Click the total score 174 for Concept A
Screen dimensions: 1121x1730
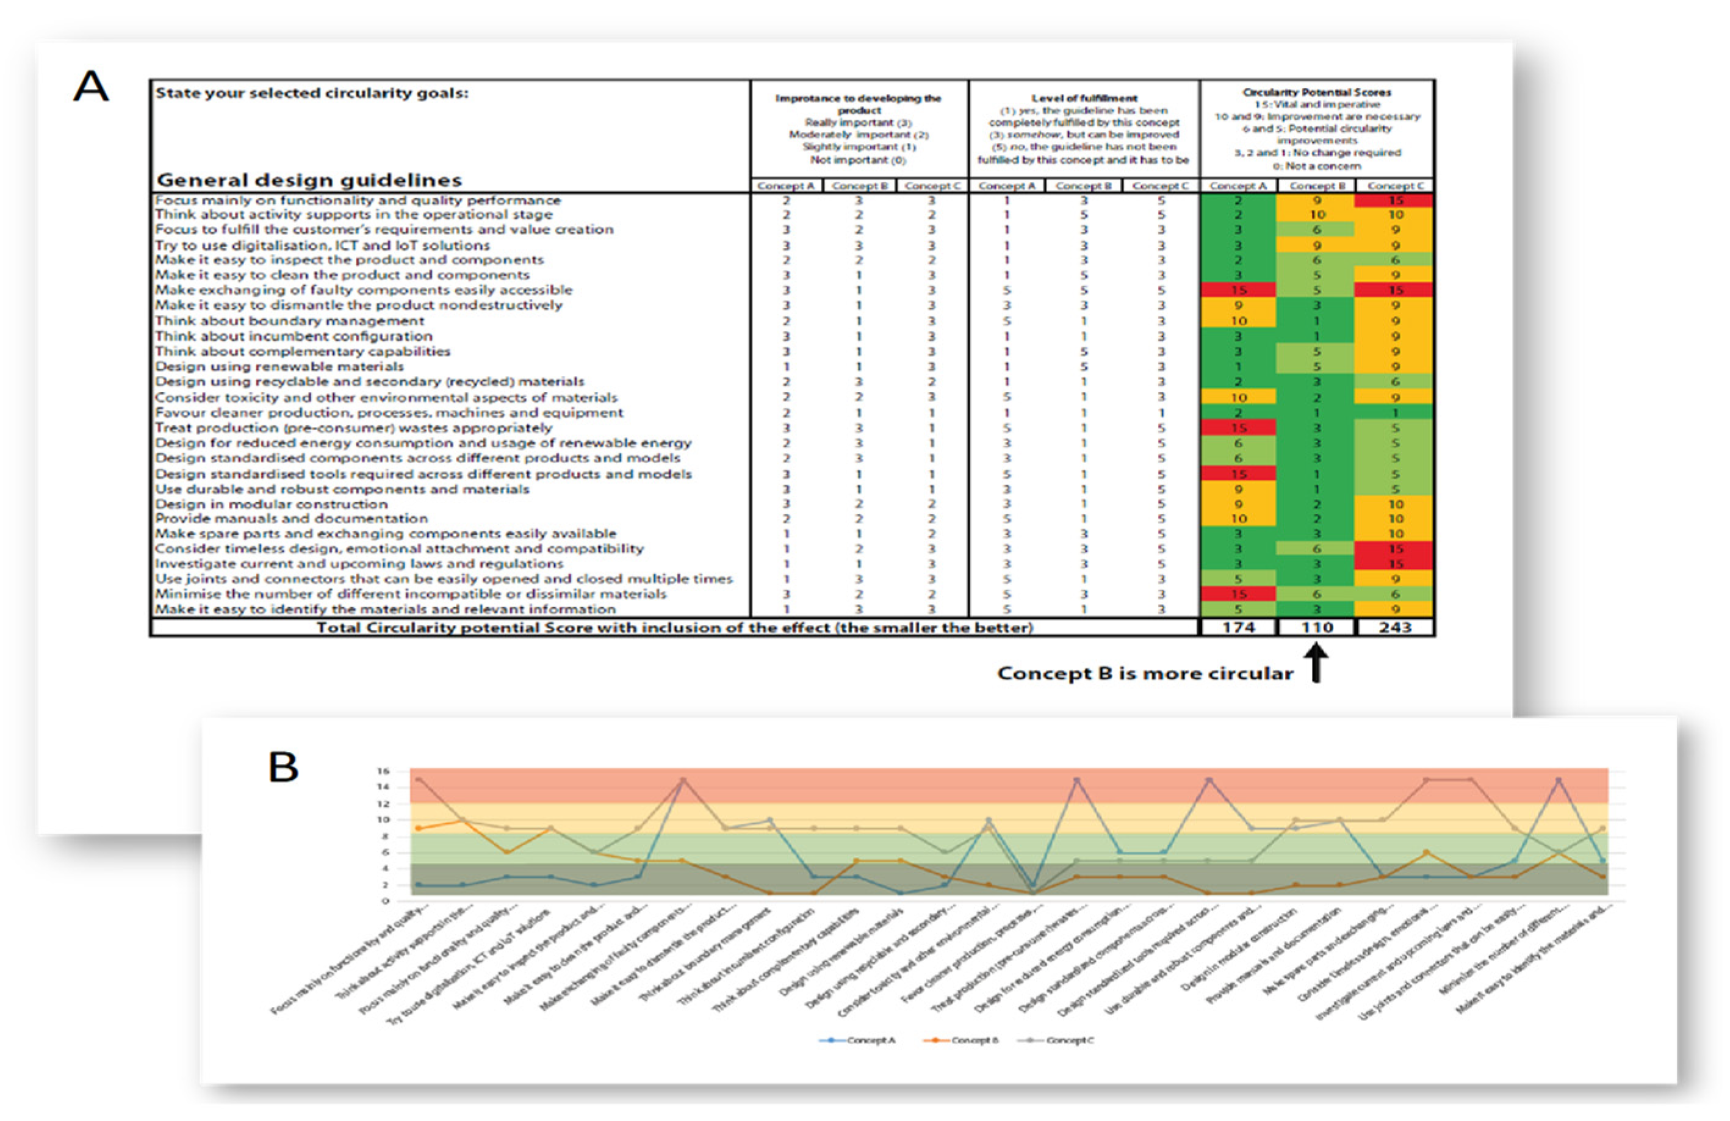[x=1238, y=627]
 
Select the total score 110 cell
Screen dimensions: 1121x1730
[x=1316, y=627]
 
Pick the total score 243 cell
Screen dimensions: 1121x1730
[x=1395, y=627]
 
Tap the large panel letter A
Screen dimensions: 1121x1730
[x=92, y=87]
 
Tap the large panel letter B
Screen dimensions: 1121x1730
[x=284, y=767]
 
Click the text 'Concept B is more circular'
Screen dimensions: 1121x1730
[x=1145, y=674]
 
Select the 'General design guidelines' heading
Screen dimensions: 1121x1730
[x=309, y=179]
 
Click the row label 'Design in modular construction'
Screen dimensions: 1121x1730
[x=271, y=504]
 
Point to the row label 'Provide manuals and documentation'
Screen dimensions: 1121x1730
[x=292, y=518]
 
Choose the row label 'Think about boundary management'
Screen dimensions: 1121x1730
[x=289, y=320]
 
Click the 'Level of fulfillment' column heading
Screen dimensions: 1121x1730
[x=1084, y=98]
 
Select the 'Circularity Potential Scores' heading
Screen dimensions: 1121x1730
[x=1316, y=92]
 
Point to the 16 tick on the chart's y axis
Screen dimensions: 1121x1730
[x=383, y=771]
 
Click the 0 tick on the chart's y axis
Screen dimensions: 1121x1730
[x=385, y=901]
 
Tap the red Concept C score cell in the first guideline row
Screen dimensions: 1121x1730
[x=1395, y=201]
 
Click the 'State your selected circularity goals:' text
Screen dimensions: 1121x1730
[x=312, y=93]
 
